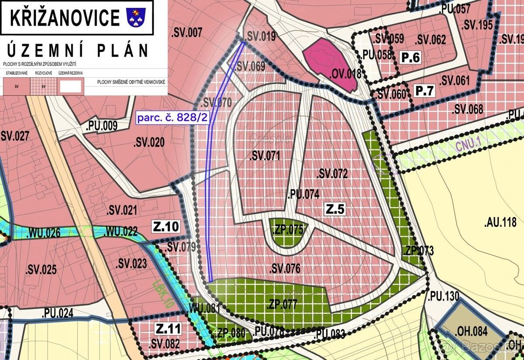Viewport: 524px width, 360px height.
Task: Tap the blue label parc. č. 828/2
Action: pos(171,118)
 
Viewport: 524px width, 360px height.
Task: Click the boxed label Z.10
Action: pos(165,226)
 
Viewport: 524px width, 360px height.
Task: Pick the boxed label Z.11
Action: pos(168,329)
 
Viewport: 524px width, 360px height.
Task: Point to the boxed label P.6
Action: pos(410,57)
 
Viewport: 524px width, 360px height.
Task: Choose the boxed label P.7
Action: pos(425,91)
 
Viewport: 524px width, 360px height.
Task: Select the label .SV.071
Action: pos(265,156)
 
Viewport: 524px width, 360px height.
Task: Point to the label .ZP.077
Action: pos(282,304)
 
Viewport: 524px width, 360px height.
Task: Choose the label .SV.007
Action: pos(187,32)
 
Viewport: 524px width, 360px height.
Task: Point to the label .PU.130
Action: pos(443,296)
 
